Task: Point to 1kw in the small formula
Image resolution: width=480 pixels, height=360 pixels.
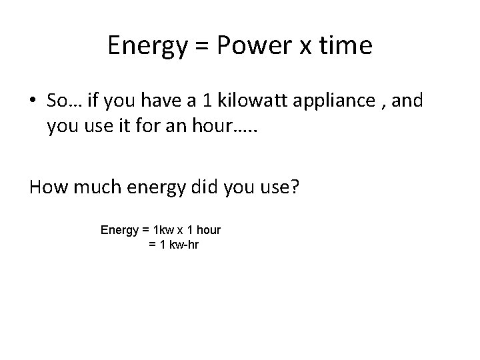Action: point(161,230)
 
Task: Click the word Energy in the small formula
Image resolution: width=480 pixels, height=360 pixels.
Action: point(119,231)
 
